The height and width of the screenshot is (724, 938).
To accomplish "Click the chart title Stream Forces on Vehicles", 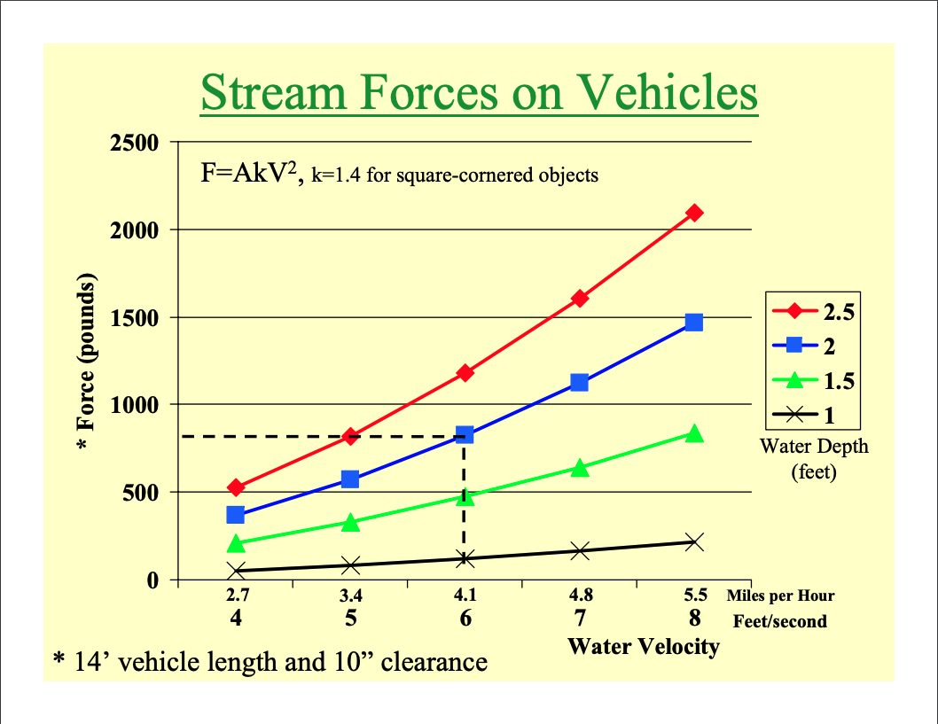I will coord(479,93).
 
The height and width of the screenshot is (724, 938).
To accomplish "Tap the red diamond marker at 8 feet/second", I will coord(694,213).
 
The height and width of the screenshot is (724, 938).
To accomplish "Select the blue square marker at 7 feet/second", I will coord(580,383).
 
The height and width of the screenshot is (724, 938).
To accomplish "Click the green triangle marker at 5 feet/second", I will coord(350,523).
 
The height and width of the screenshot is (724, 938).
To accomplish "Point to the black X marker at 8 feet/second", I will coord(694,542).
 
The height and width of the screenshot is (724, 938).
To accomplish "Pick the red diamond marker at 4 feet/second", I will coord(236,487).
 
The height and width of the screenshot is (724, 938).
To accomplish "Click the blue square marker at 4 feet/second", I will coord(236,515).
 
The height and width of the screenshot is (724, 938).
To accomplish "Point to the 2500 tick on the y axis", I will coord(135,143).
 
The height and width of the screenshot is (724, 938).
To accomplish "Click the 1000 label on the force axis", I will coord(135,405).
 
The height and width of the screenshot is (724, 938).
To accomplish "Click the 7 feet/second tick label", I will coord(580,619).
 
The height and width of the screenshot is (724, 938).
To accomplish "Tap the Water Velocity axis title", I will coord(643,646).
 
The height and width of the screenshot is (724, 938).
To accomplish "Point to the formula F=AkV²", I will coord(253,173).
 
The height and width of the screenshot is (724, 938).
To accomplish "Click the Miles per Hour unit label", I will coord(780,596).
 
